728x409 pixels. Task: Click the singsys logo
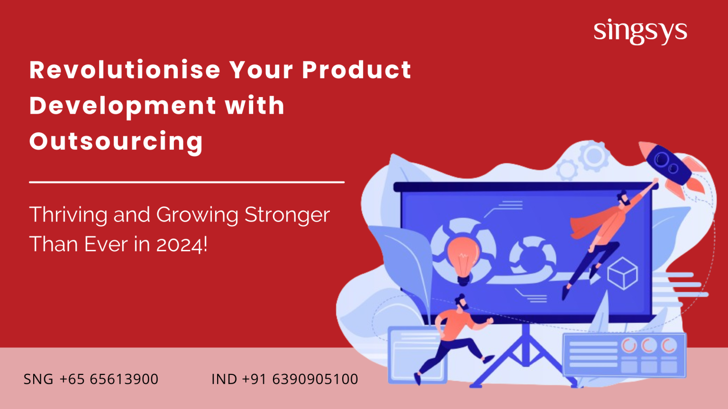click(640, 32)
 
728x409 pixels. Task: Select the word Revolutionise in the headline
click(125, 70)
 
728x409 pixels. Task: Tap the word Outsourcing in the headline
click(116, 142)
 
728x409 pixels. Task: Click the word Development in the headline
click(122, 106)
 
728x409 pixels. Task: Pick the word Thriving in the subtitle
click(68, 215)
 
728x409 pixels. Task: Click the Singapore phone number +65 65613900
click(109, 379)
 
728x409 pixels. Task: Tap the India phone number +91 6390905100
click(300, 379)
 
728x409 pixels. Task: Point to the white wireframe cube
click(623, 273)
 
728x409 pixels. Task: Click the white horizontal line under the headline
click(187, 182)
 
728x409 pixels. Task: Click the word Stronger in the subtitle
click(287, 215)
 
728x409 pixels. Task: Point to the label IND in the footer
click(224, 379)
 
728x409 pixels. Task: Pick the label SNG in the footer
click(38, 379)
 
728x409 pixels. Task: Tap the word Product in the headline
click(357, 70)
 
